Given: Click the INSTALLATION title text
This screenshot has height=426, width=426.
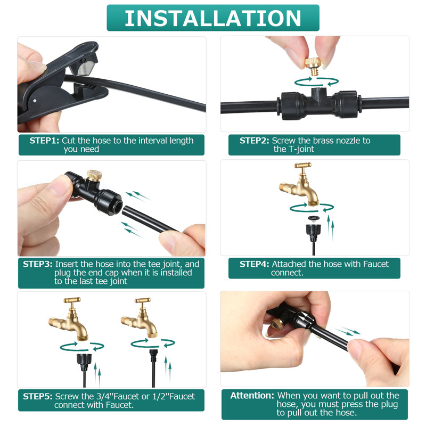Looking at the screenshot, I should (x=213, y=18).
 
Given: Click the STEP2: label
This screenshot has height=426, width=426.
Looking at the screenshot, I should (x=254, y=141).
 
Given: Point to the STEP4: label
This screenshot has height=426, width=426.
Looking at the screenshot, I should (x=254, y=264).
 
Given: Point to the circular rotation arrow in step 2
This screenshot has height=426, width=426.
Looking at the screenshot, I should (x=317, y=81).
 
